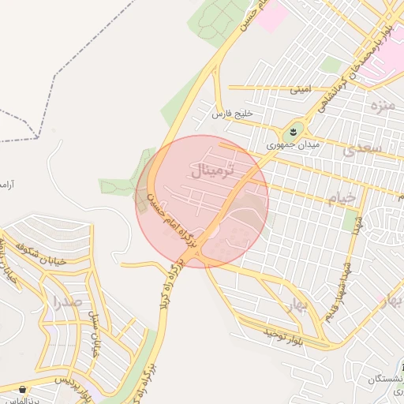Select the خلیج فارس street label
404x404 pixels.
233,114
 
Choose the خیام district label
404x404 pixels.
341,197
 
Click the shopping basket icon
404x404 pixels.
22,389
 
